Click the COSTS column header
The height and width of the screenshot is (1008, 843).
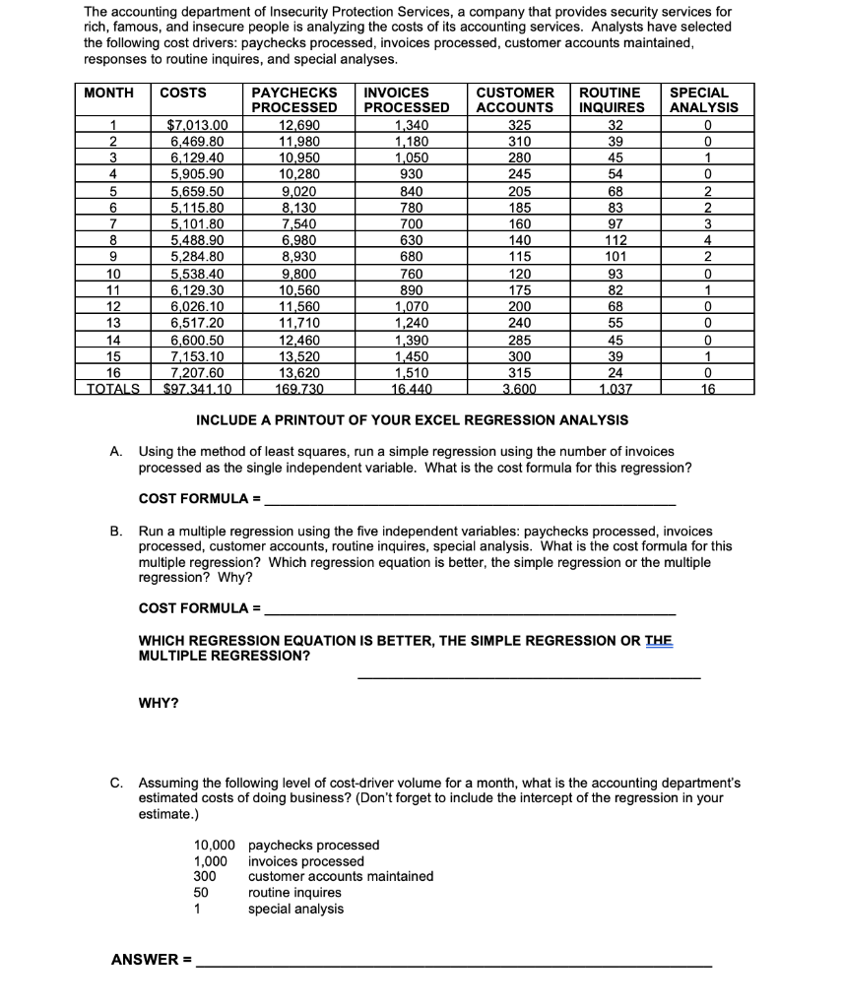[183, 93]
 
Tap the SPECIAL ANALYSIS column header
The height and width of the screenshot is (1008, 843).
[699, 99]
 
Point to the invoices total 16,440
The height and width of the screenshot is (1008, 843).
[407, 388]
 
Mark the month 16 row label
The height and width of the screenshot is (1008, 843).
[113, 373]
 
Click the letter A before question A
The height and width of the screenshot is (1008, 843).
[116, 449]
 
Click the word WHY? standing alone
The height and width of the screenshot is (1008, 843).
[159, 703]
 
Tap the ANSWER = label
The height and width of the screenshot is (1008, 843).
[152, 958]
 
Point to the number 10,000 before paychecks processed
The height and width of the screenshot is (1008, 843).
[215, 845]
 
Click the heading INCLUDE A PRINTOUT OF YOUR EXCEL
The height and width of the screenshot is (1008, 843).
[413, 420]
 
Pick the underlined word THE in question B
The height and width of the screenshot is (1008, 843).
[658, 640]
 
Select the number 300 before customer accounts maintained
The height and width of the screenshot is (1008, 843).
[205, 876]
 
